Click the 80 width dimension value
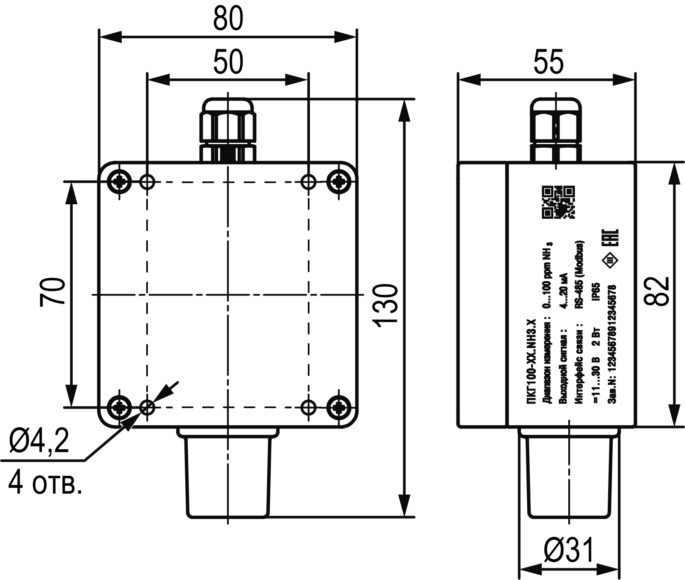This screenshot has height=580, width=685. click(228, 19)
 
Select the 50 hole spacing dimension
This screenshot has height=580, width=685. click(228, 62)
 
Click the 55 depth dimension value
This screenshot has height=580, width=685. click(549, 62)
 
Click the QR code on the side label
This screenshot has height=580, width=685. click(559, 202)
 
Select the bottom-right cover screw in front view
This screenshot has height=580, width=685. click(339, 407)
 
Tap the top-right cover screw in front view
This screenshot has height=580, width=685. click(339, 181)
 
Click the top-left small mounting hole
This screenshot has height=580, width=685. click(147, 181)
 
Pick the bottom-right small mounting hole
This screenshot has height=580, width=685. click(308, 407)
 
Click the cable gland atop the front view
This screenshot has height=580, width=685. click(228, 130)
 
